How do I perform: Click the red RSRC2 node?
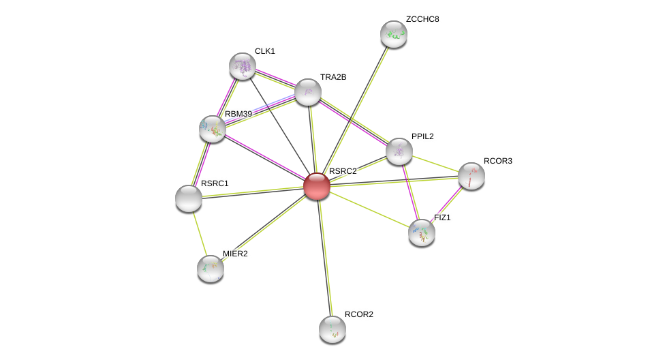tap(317, 186)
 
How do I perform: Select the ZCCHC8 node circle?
tap(394, 34)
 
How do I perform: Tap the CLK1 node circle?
tap(243, 66)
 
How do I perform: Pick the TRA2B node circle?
tap(308, 92)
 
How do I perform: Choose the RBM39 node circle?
tap(213, 129)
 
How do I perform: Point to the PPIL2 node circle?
tap(399, 151)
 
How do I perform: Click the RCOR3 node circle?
tap(471, 176)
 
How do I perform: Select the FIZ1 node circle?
tap(422, 232)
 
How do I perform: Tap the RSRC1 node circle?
tap(189, 198)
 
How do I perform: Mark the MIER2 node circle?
tap(211, 269)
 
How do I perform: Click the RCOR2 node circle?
tap(332, 329)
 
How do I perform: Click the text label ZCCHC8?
tap(422, 19)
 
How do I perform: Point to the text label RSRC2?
tap(343, 171)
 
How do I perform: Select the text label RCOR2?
tap(359, 314)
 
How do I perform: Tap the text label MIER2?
tap(235, 254)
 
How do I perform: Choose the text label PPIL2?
tap(422, 136)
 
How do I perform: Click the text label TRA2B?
tap(333, 77)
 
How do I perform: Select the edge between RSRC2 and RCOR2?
tap(325, 259)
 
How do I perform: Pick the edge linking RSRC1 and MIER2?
tap(200, 234)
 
